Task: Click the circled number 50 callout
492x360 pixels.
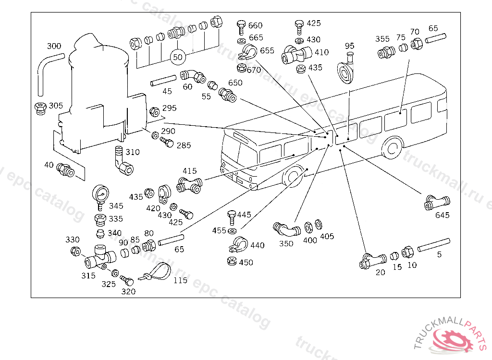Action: click(x=178, y=57)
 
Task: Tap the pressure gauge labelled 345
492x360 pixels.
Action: click(x=101, y=194)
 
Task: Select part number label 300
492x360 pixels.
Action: click(x=54, y=46)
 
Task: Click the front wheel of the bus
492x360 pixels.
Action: click(x=294, y=176)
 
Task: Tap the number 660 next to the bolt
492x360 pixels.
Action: click(x=256, y=25)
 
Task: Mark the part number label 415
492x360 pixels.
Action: click(x=189, y=170)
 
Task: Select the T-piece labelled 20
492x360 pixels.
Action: click(x=373, y=261)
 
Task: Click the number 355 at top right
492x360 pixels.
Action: click(x=382, y=39)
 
